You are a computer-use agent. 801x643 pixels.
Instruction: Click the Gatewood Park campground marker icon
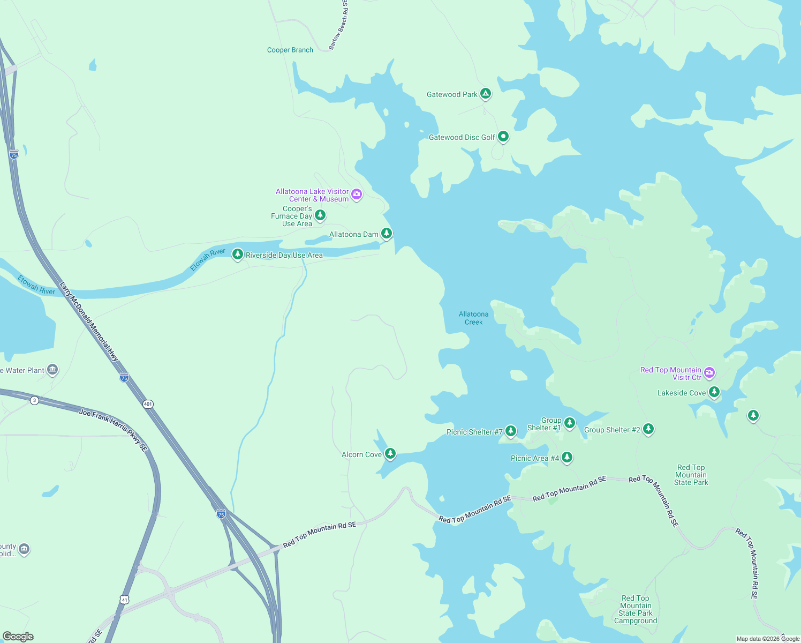coord(485,94)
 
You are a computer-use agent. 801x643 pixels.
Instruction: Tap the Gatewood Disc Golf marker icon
coord(503,137)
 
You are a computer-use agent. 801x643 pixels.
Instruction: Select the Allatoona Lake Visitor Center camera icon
coord(357,194)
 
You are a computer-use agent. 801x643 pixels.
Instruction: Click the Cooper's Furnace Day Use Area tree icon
coord(320,215)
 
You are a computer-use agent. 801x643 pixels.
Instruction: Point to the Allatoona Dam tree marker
coord(386,233)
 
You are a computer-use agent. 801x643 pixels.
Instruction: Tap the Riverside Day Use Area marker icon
coord(237,254)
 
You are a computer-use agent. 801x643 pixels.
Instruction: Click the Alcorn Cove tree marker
coord(390,453)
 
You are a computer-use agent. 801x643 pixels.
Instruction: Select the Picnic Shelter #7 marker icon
coord(511,431)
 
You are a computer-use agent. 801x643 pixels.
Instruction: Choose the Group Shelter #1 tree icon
coord(570,423)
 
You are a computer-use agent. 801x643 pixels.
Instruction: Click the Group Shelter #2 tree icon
coord(648,429)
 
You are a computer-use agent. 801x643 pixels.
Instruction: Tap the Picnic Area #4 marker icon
coord(567,457)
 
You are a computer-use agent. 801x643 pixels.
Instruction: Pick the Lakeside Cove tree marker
coord(714,392)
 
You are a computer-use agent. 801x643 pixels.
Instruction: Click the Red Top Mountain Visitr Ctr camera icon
coord(709,372)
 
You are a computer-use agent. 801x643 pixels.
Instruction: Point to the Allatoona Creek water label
coord(473,318)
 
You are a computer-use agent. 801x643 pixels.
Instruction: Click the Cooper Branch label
coord(290,50)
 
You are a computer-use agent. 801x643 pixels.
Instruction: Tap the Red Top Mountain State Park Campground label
coord(636,609)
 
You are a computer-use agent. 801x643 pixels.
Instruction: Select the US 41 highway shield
coord(125,600)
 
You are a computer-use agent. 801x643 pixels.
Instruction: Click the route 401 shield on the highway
coord(148,404)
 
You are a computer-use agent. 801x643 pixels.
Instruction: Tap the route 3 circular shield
coord(34,400)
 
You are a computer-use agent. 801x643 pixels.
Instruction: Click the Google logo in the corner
coord(18,637)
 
